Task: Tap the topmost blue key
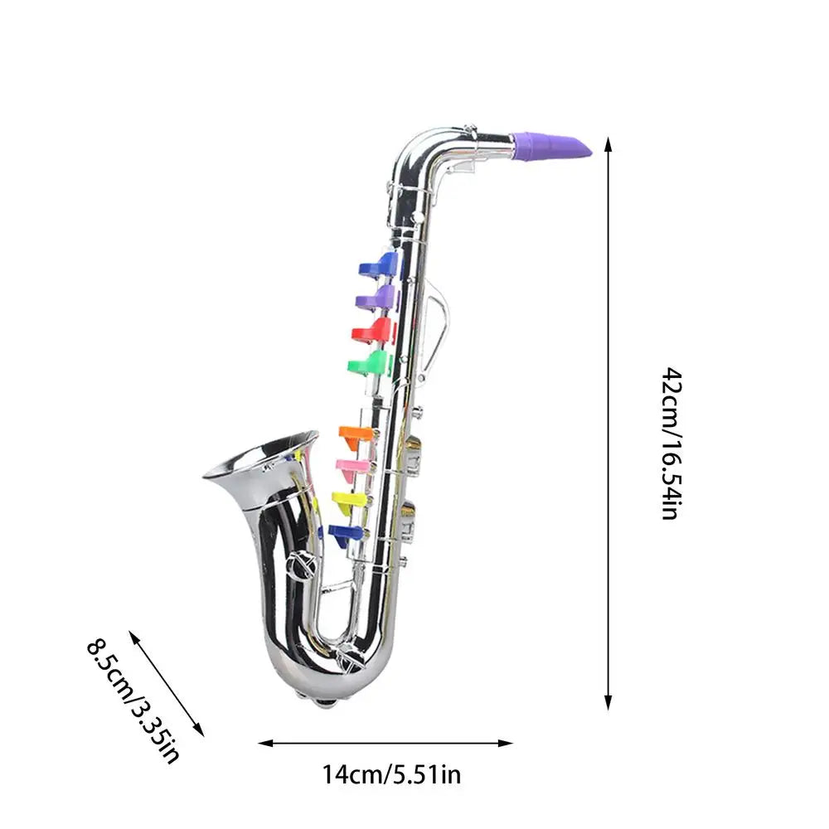pos(380,265)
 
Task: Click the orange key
pos(358,434)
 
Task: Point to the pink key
pos(355,466)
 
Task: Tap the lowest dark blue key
pos(347,533)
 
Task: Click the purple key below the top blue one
pos(376,297)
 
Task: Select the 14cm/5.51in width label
pos(391,775)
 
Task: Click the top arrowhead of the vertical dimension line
pos(608,143)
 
